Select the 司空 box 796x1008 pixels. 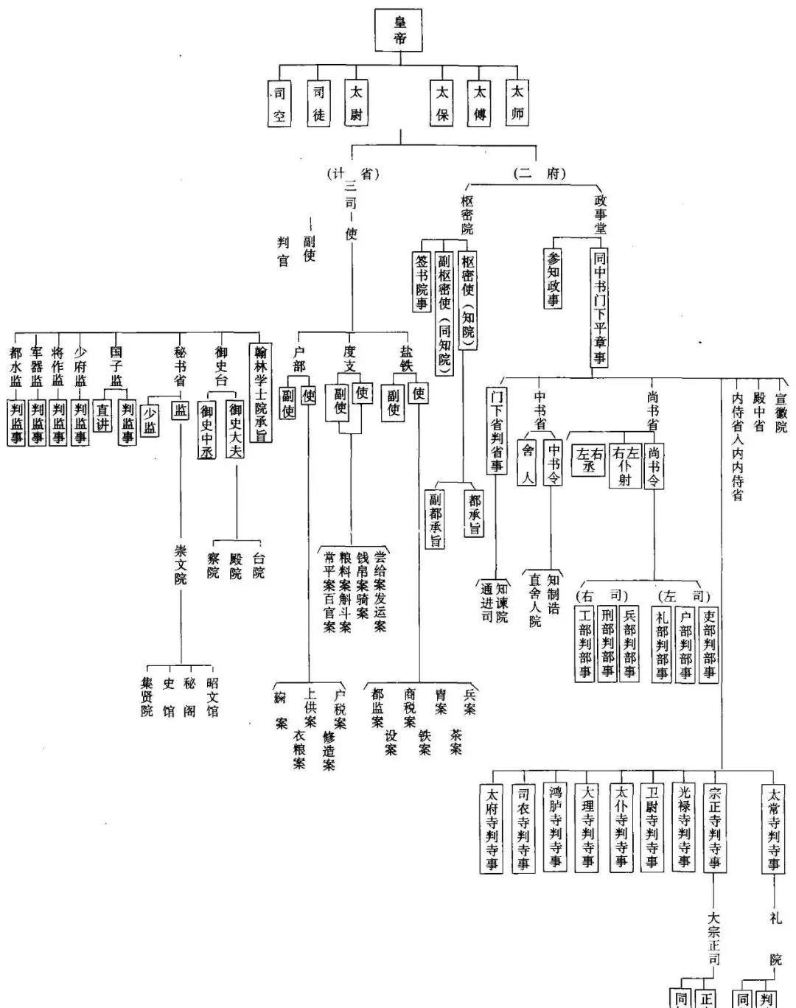[279, 104]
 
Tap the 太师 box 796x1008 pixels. [517, 102]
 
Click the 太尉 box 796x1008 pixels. [356, 103]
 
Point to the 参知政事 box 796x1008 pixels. [554, 279]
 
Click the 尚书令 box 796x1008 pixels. [654, 465]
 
